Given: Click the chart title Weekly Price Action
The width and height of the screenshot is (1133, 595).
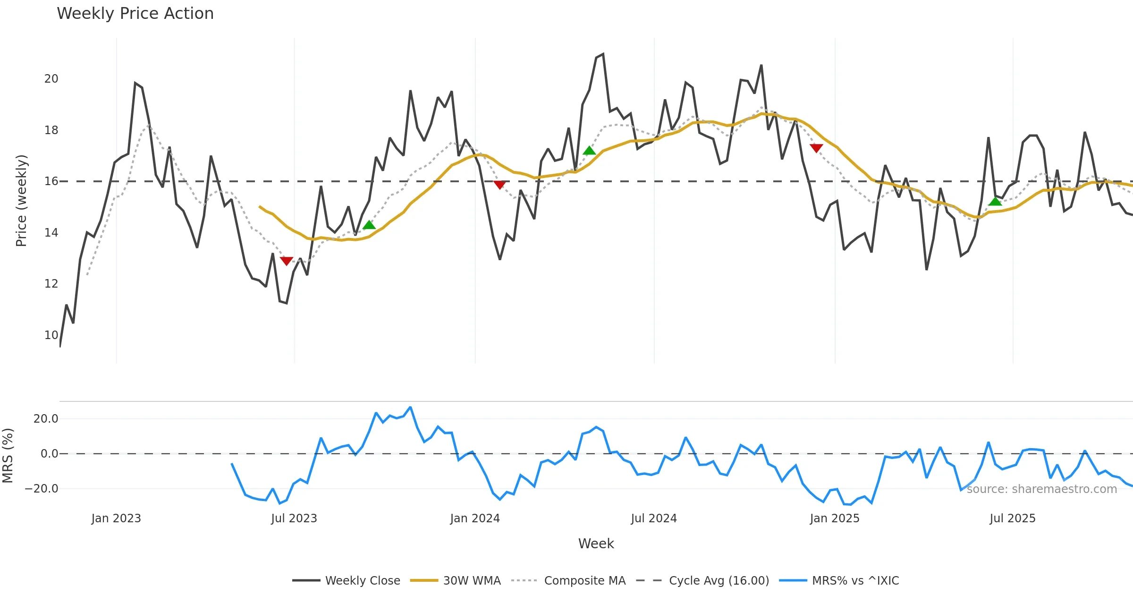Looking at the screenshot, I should click(135, 14).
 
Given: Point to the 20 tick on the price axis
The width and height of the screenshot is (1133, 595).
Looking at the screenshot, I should click(51, 79).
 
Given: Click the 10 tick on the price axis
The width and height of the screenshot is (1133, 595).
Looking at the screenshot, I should click(51, 335).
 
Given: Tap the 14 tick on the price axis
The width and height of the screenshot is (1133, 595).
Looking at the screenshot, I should click(51, 233).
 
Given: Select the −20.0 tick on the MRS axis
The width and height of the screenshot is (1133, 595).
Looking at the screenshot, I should click(42, 489).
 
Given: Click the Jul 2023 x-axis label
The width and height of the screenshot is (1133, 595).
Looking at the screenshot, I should click(294, 518).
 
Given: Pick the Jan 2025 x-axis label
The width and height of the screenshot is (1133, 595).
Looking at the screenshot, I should click(835, 518).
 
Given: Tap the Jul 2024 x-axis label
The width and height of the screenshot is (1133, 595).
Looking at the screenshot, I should click(654, 518).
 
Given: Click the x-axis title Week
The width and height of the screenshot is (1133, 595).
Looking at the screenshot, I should click(596, 544).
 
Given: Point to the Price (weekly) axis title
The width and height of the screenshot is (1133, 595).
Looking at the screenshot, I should click(21, 201).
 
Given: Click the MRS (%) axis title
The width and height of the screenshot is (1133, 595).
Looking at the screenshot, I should click(8, 456).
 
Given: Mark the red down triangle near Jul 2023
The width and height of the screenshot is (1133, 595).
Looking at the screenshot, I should click(287, 261).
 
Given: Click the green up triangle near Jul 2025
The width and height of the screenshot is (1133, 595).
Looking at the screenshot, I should click(995, 202).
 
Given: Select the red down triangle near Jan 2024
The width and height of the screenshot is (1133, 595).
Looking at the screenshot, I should click(499, 185).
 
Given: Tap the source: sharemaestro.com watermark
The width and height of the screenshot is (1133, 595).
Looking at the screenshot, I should click(1041, 489).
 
